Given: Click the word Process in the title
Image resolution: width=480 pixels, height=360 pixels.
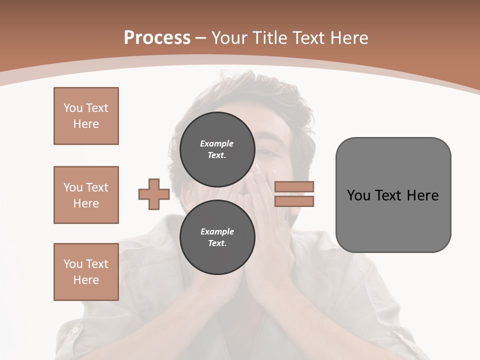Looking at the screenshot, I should (x=157, y=37).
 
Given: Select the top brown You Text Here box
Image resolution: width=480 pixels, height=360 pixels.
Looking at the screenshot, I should (x=86, y=116).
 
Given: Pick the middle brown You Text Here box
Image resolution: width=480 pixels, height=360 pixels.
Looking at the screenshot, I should (x=86, y=195).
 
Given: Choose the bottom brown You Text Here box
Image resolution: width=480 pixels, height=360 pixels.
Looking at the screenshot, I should (x=86, y=272).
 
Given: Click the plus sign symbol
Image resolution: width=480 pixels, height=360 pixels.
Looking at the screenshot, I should (x=154, y=194).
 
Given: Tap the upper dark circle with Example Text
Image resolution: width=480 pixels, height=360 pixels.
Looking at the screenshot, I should (x=217, y=149).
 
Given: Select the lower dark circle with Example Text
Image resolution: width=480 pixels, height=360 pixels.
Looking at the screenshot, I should (x=217, y=237).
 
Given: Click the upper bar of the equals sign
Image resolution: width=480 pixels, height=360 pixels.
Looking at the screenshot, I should (x=294, y=186).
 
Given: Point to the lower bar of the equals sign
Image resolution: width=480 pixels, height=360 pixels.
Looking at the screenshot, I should (x=294, y=201).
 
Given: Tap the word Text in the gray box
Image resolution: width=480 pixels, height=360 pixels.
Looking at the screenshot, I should (x=389, y=195).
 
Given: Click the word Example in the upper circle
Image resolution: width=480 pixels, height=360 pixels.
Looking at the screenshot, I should (x=217, y=143).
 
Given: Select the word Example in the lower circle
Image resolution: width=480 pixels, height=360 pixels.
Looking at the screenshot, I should (x=217, y=231).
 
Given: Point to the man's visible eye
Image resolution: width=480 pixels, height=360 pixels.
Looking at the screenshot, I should (x=268, y=150).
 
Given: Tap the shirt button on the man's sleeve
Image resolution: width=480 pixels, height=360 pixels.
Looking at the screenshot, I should (x=74, y=330).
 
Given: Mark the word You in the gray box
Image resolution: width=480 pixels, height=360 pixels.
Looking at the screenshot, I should (x=358, y=195).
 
